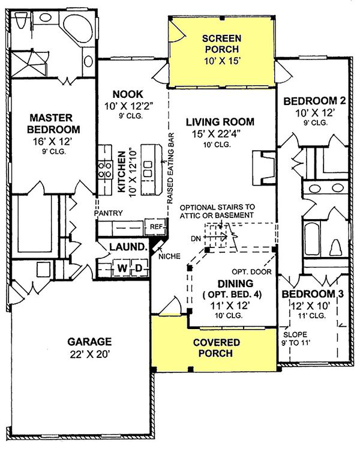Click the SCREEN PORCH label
coord(221,44)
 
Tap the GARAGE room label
coord(89,341)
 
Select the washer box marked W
coord(122,268)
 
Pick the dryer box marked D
coord(139,268)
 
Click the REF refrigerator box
coord(156,226)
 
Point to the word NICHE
coord(170,256)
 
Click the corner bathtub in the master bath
coord(78,28)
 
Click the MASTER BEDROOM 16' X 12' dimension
coord(52,142)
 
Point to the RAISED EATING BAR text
coord(170,168)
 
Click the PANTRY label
coord(109,213)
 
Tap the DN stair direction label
coord(196,238)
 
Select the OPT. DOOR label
coord(251,271)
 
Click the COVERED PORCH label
coord(216,348)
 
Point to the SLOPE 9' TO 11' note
coord(295,339)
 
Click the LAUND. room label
coord(128,247)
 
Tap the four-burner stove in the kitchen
coord(105,170)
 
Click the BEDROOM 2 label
coord(314,101)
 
